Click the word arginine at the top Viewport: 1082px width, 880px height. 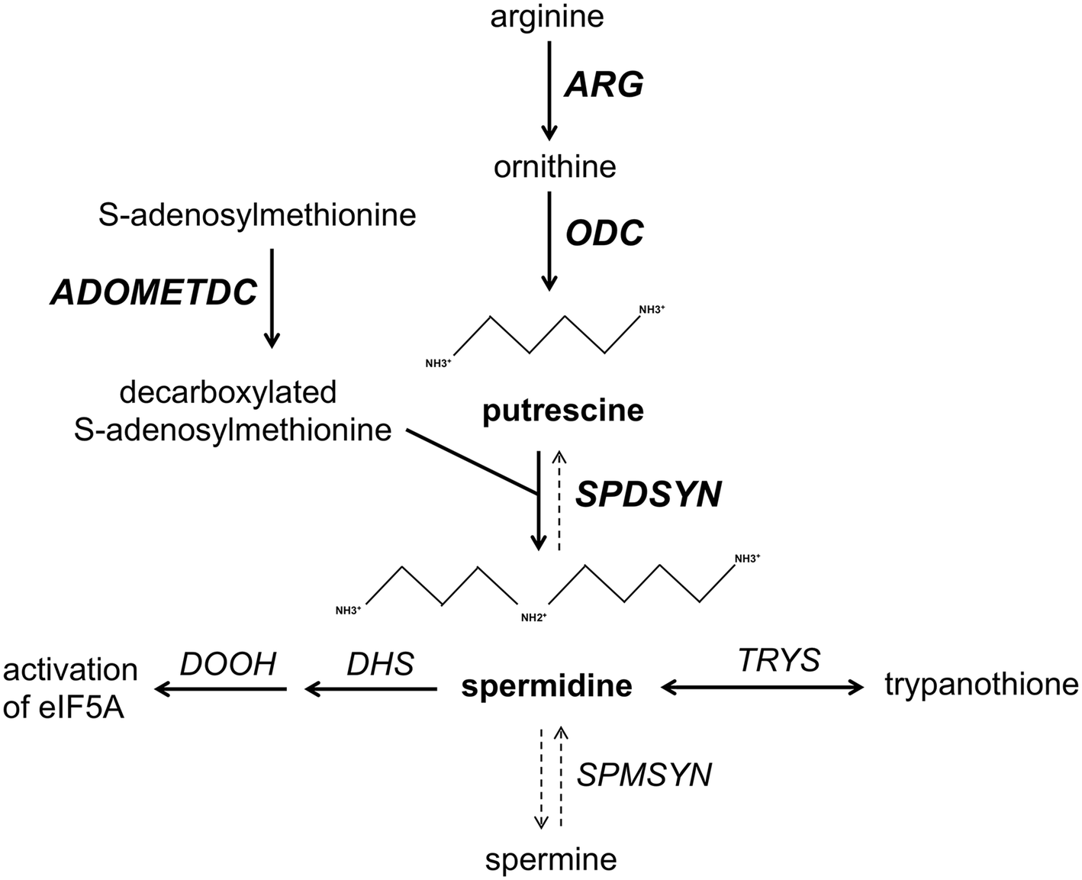[x=547, y=16]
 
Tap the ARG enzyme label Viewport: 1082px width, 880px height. [x=604, y=84]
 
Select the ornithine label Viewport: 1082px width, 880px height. [x=555, y=166]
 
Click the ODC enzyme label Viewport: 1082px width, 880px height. [x=604, y=233]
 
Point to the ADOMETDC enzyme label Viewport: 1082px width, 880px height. [x=153, y=292]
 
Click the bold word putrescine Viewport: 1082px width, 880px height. [x=563, y=411]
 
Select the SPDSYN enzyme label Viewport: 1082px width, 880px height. [x=648, y=495]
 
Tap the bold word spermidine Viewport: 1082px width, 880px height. [x=547, y=686]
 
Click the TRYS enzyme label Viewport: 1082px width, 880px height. [x=778, y=659]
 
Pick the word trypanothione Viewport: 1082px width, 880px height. [x=981, y=685]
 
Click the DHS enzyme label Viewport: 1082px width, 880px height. [x=380, y=664]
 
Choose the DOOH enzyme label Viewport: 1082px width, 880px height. [x=228, y=664]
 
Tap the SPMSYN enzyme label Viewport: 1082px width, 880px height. [x=644, y=775]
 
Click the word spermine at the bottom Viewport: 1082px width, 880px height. [x=551, y=860]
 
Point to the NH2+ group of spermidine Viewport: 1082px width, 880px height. [x=533, y=617]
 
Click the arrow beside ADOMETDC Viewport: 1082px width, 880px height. [x=272, y=298]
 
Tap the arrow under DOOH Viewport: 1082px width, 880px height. [x=221, y=690]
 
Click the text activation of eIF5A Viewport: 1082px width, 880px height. [x=70, y=688]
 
